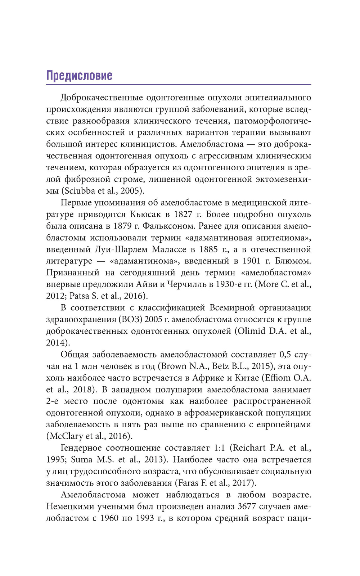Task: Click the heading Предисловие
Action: pyautogui.click(x=79, y=76)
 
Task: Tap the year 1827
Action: pyautogui.click(x=183, y=214)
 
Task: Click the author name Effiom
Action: pyautogui.click(x=282, y=378)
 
